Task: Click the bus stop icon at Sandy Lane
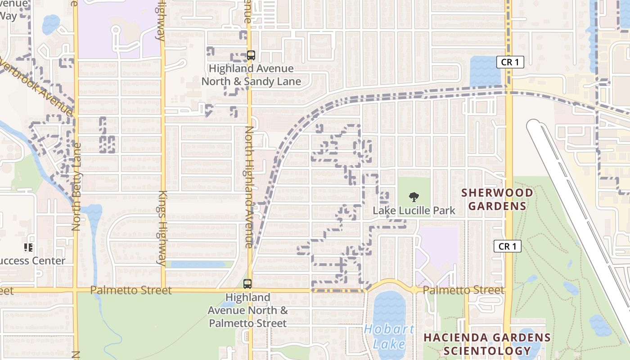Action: point(251,55)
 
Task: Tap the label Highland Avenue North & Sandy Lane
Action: point(251,75)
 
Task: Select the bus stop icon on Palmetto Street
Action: point(247,284)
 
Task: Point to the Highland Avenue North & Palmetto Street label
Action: point(247,310)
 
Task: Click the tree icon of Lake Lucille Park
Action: point(414,197)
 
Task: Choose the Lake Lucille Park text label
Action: point(414,211)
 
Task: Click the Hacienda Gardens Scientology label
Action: point(487,344)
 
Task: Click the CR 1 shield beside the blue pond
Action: point(510,62)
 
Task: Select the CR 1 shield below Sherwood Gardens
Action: point(507,246)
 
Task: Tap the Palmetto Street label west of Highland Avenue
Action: point(131,290)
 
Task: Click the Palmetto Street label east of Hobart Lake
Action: point(463,290)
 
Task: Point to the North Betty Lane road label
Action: point(76,187)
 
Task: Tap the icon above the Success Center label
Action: point(28,247)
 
